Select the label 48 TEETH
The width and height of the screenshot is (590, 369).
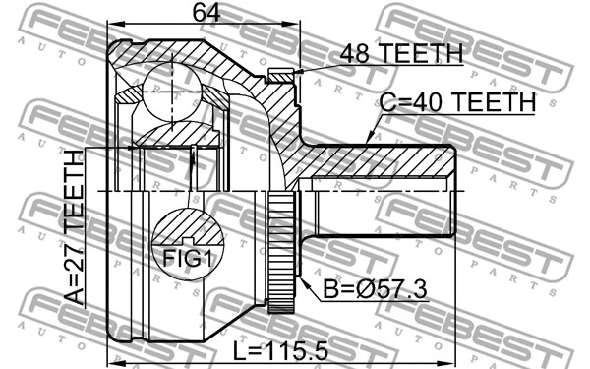coord(401,54)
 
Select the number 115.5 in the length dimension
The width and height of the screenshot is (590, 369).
coord(299,349)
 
